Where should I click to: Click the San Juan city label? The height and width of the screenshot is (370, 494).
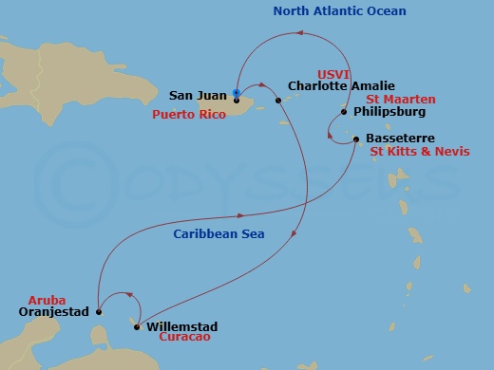197,95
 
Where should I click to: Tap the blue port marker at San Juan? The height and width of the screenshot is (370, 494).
236,92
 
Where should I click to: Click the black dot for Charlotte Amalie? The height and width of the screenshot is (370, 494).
277,101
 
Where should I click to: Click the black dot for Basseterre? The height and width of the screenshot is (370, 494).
355,139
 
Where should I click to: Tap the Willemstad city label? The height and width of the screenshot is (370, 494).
180,326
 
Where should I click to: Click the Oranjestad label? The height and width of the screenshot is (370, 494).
53,311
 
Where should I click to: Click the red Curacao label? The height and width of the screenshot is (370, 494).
185,337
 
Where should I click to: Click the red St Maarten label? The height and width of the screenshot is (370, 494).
407,99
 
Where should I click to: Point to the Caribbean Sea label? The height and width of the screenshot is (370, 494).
218,233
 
